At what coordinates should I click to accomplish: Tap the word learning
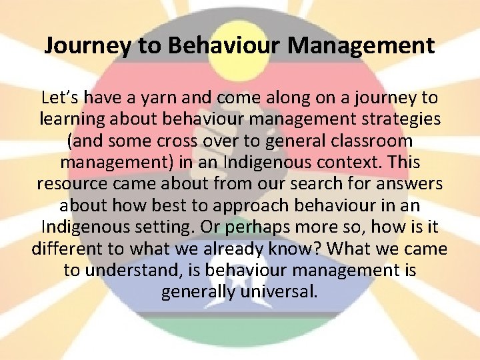[x=76, y=119]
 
